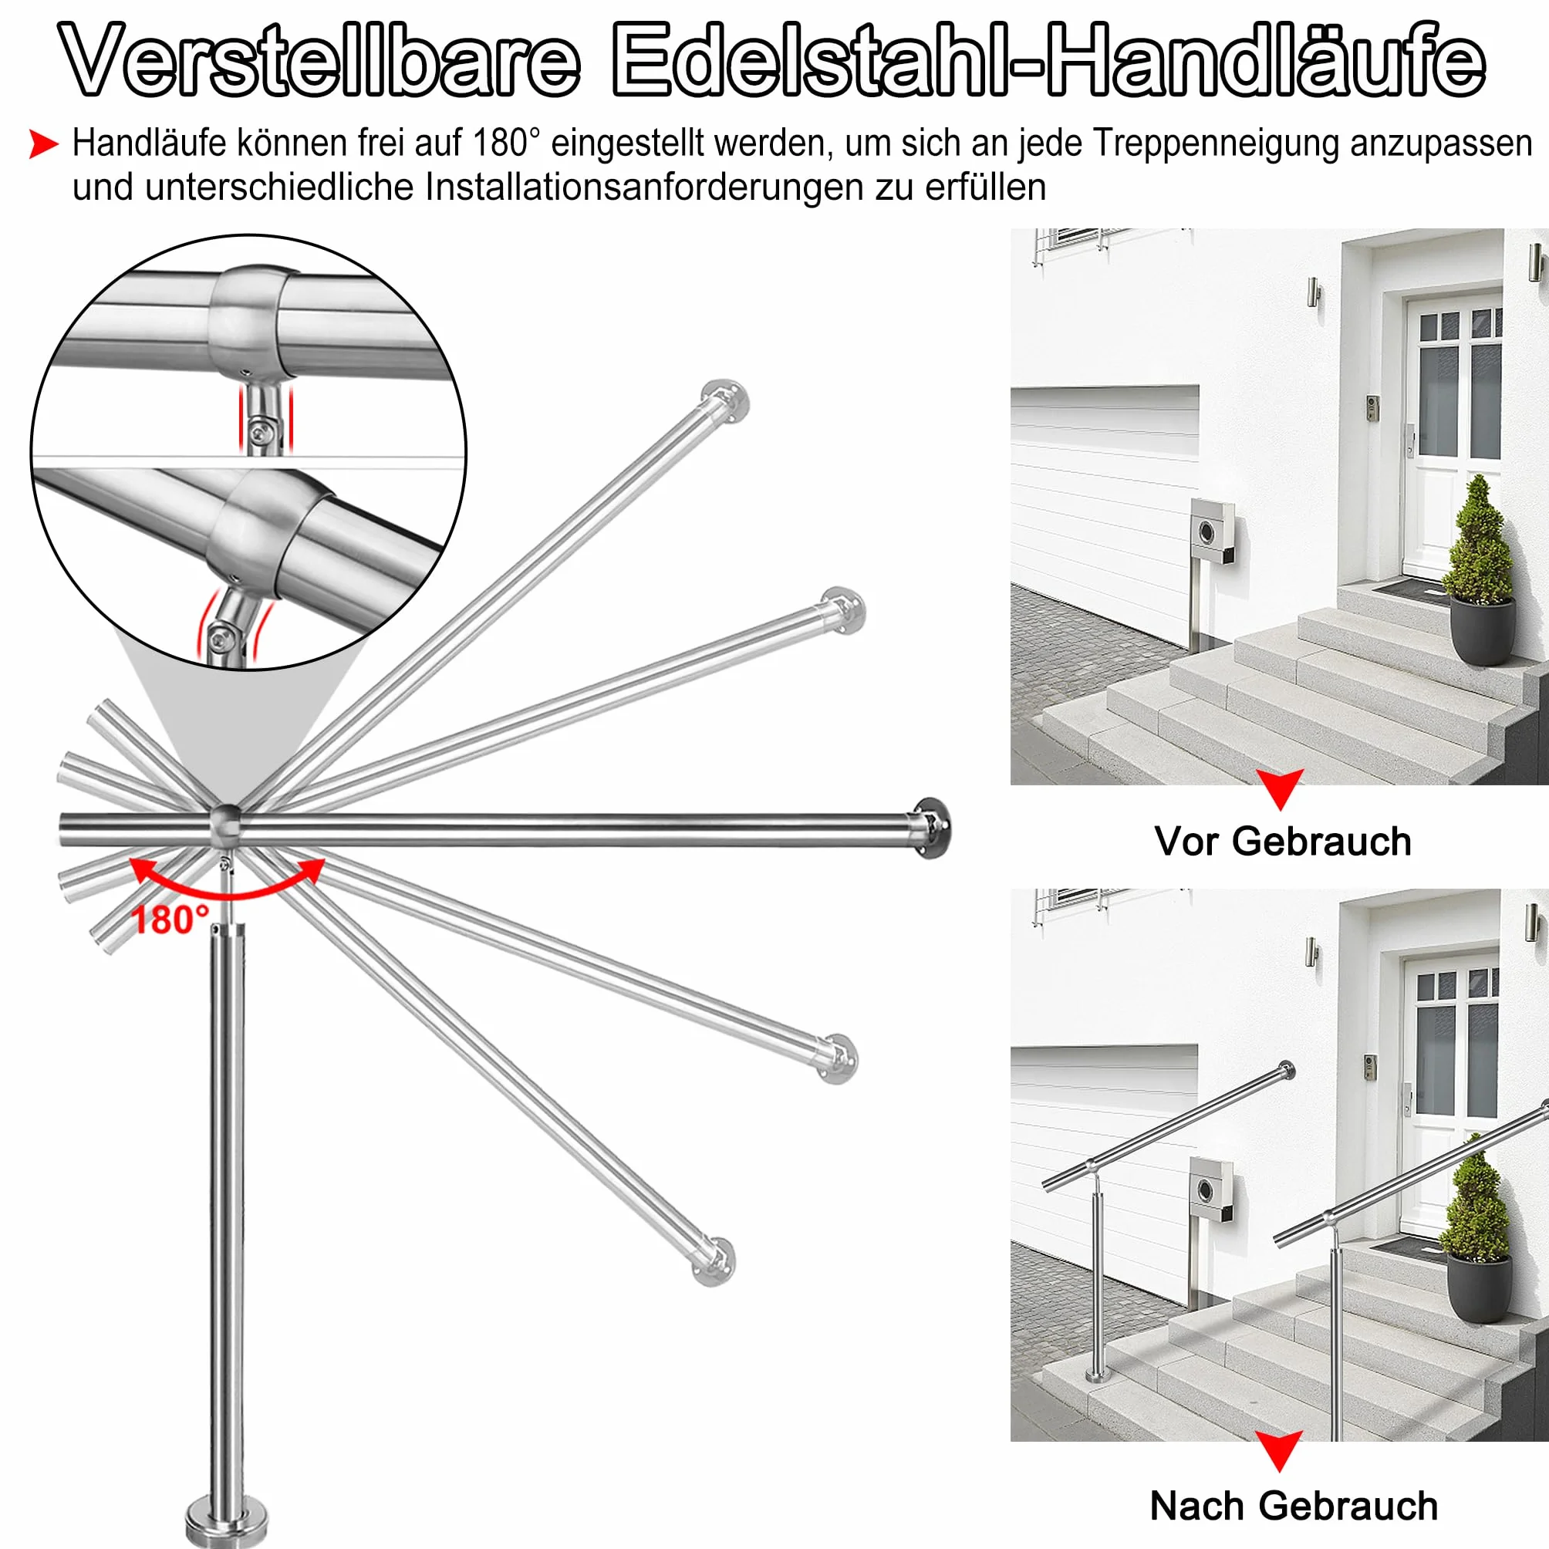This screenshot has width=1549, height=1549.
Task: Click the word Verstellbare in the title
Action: (321, 60)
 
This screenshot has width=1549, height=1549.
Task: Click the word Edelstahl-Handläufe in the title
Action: (1048, 60)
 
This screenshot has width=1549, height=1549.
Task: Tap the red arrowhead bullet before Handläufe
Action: (43, 144)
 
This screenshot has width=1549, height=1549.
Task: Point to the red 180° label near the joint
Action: (170, 920)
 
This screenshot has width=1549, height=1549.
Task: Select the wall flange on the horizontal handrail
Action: (933, 829)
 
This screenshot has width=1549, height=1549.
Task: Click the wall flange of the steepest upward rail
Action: (725, 400)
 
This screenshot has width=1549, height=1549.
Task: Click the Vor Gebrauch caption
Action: (1283, 842)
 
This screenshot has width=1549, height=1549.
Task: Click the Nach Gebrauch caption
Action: (1294, 1506)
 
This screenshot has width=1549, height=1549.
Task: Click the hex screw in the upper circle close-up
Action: (258, 432)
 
